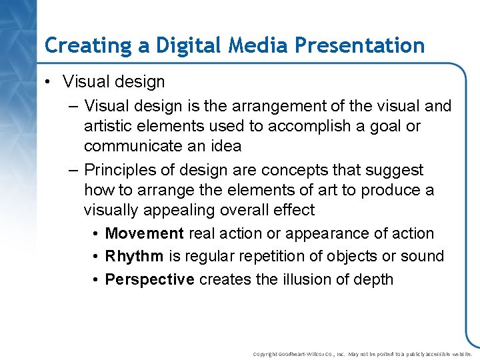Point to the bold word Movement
pos(145,233)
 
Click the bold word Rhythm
pos(134,256)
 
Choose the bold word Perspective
pos(150,279)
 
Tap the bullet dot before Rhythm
pos(97,257)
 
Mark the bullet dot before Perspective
pos(97,280)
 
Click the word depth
pos(375,279)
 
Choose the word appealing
pos(179,210)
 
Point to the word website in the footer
pos(461,354)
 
